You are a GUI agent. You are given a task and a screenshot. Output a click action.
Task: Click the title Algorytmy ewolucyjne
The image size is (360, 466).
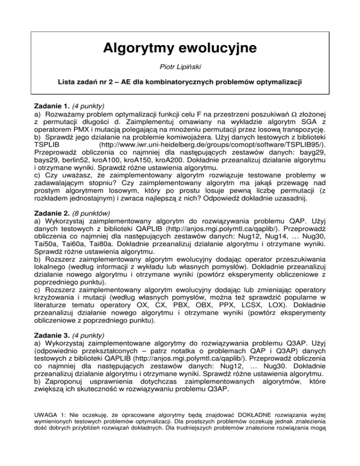click(x=180, y=48)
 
